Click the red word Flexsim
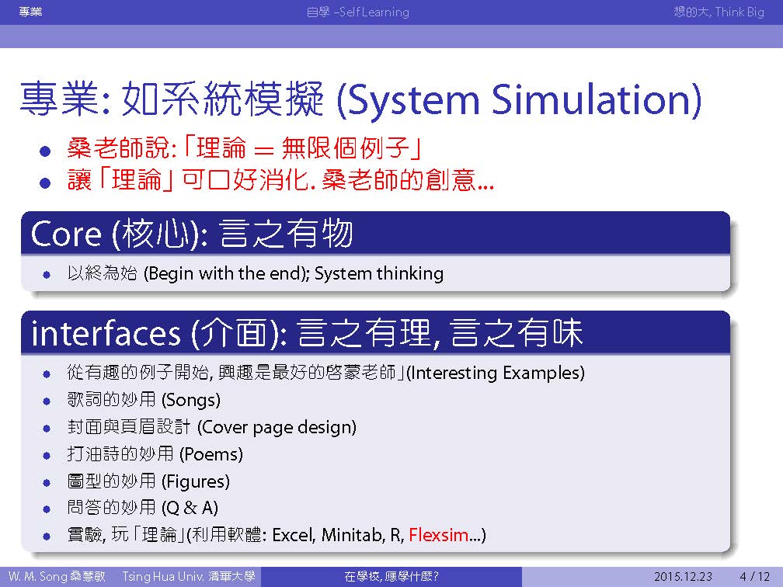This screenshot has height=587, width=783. point(438,535)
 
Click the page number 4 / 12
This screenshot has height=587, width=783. point(754,576)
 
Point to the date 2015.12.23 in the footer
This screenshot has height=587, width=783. point(683,576)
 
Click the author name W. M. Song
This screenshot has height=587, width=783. point(37,576)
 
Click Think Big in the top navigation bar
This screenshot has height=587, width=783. point(739,12)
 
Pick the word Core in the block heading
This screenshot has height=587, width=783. point(66,234)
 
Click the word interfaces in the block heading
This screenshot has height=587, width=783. point(106,333)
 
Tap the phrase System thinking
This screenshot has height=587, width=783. point(379,273)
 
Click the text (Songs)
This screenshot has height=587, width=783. point(191,400)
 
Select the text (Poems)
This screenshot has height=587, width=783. point(211,454)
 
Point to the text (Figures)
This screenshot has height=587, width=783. point(196,481)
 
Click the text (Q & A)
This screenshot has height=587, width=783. point(190,508)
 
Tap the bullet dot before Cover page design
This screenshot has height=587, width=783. point(47,429)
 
